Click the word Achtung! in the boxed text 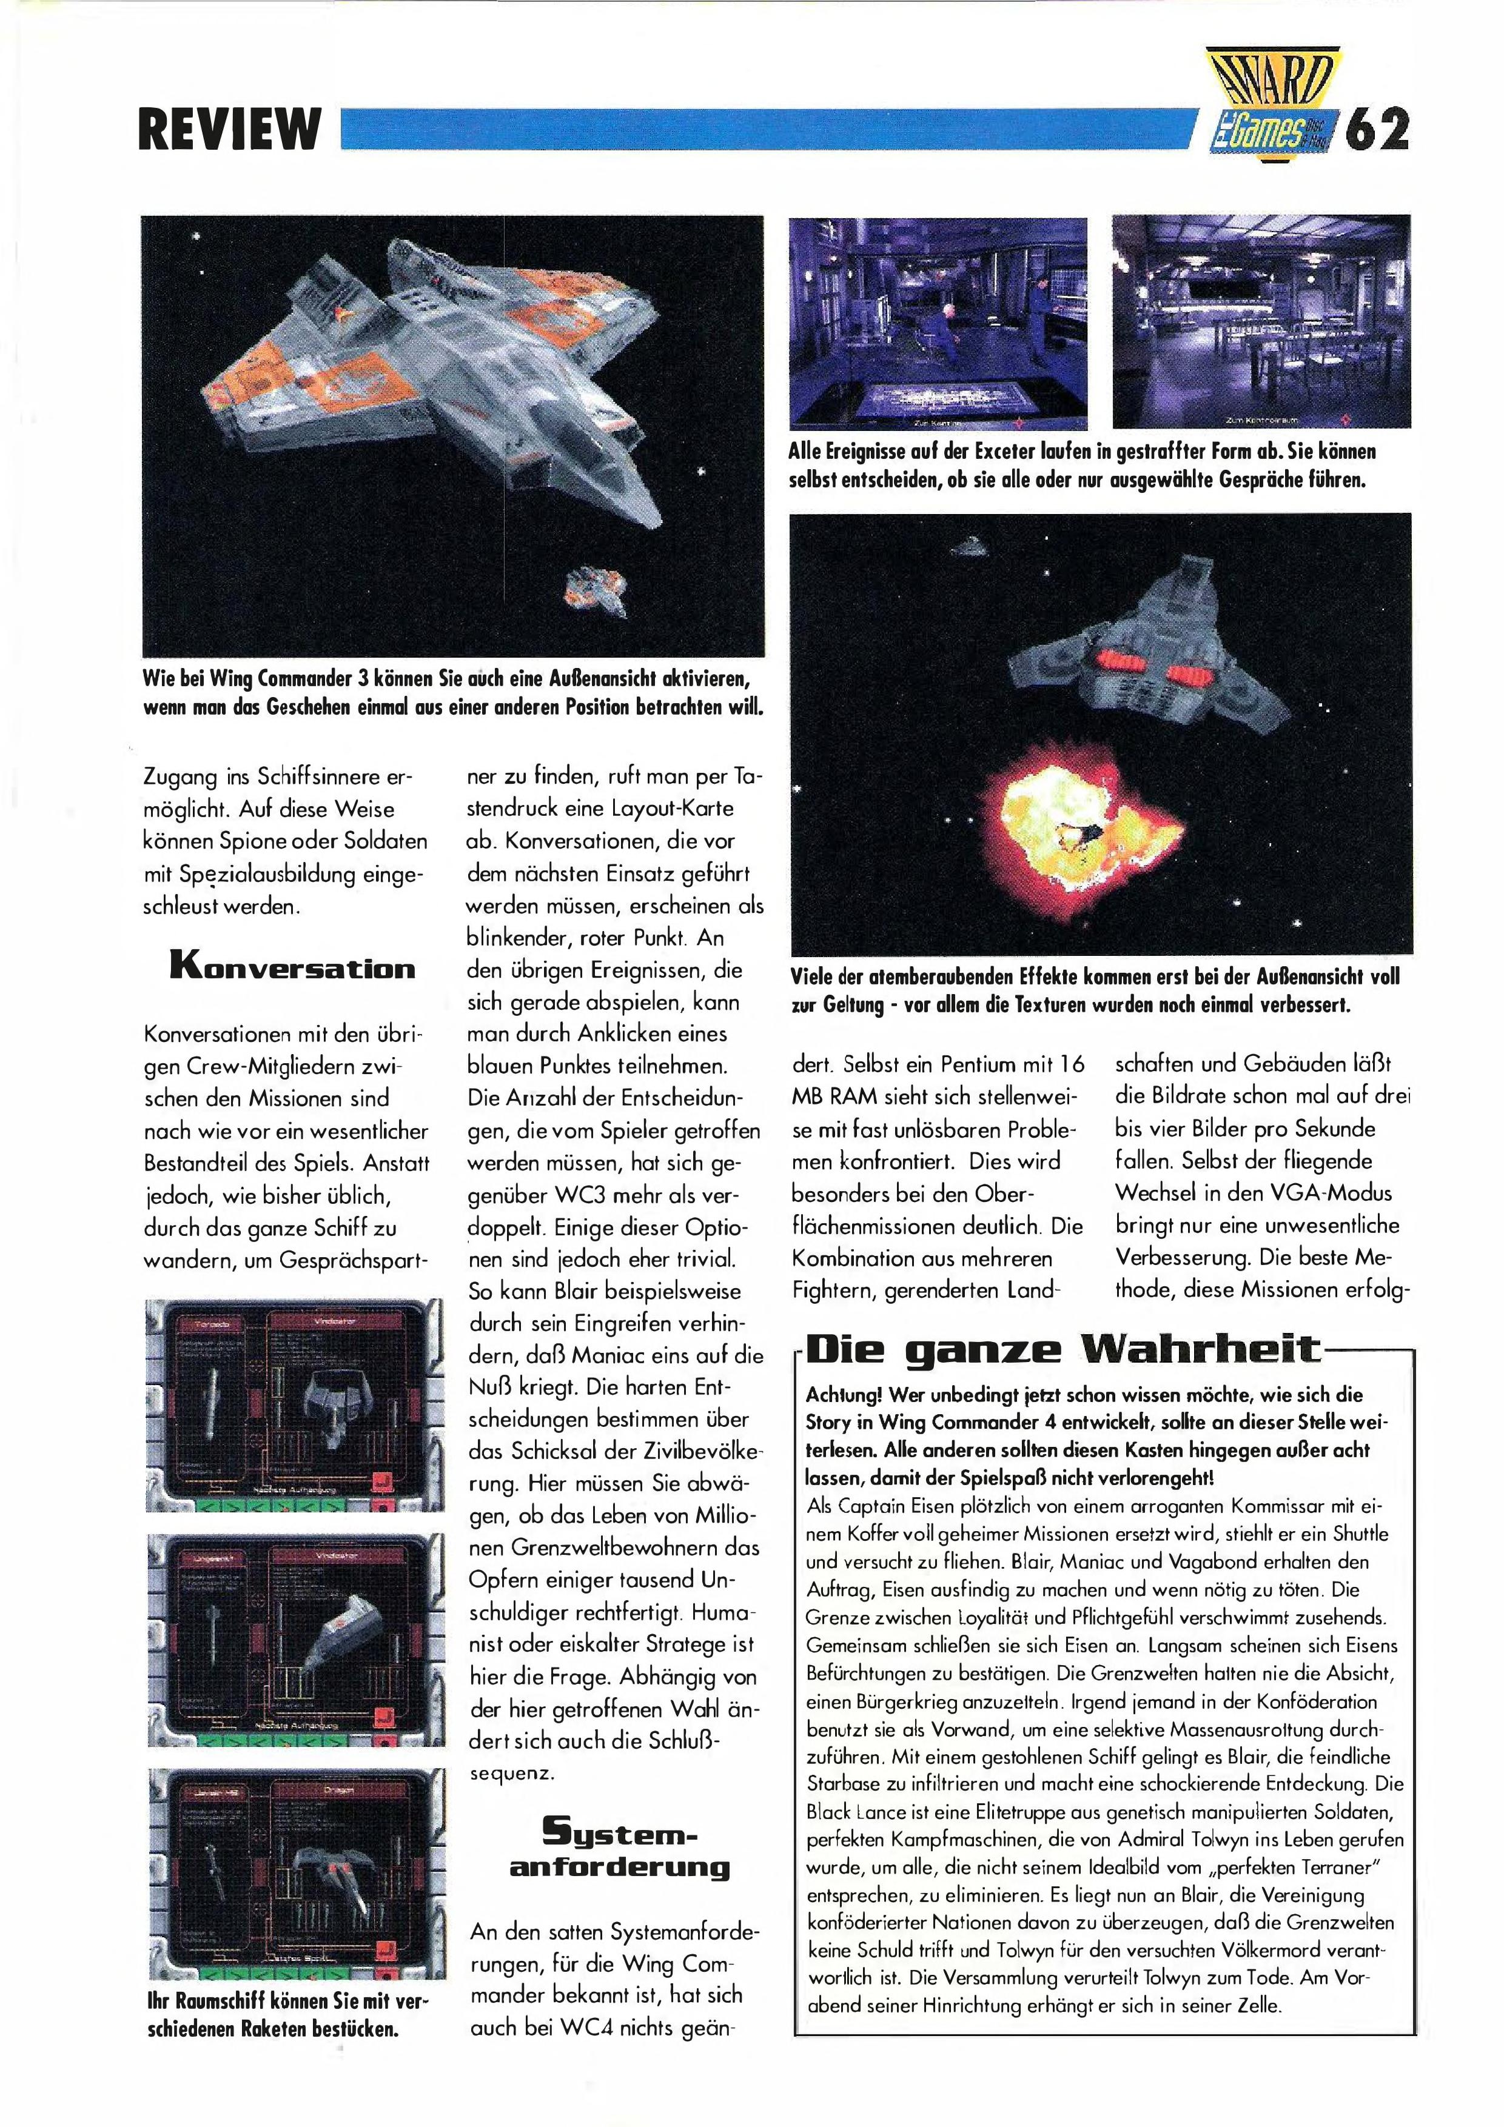coord(841,1394)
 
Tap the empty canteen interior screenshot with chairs coord(1260,321)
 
